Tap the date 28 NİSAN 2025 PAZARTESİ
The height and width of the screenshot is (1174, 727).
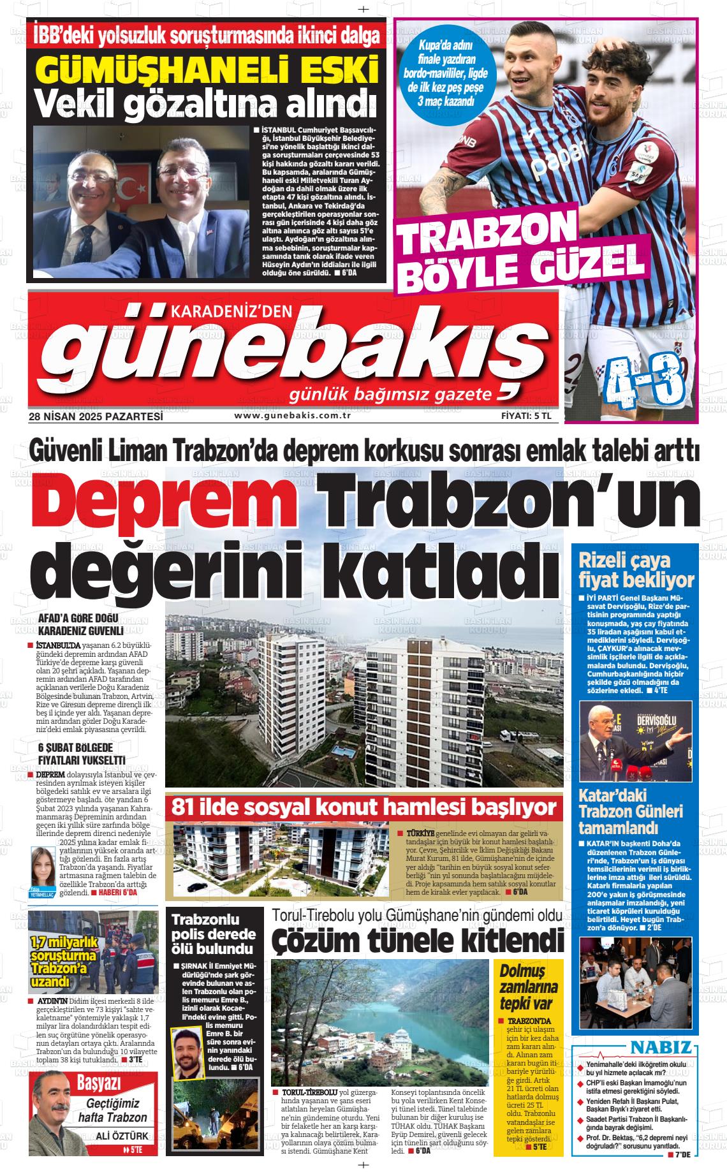point(96,416)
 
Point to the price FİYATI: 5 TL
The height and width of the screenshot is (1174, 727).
point(530,416)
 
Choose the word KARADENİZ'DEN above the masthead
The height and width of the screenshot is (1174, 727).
point(231,310)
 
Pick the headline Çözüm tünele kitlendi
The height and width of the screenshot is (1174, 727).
point(418,940)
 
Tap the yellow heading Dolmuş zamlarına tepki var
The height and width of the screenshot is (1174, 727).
point(529,988)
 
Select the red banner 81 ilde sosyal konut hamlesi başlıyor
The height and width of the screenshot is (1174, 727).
point(363,807)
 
